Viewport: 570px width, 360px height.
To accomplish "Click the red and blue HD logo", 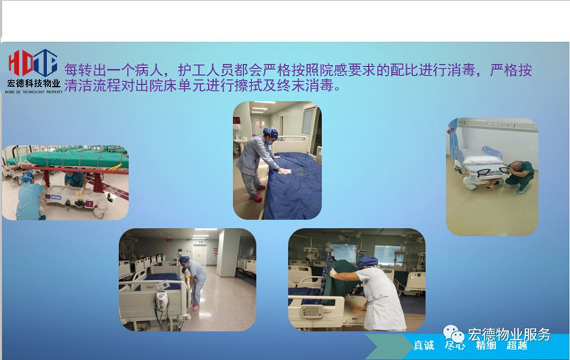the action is (x=33, y=63).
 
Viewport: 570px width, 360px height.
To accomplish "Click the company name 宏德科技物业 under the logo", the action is (x=33, y=83).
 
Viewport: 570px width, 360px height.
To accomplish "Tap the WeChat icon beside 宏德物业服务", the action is (x=453, y=334).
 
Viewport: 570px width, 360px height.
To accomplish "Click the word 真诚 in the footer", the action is (x=423, y=345).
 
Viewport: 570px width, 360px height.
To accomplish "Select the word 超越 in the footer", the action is (x=517, y=345).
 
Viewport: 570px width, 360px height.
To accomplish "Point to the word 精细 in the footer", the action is (x=486, y=345).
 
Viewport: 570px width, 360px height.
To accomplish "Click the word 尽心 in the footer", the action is (x=455, y=345).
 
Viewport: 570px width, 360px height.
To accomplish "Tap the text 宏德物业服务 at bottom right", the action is (x=509, y=334).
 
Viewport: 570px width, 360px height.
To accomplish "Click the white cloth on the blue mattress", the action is (x=285, y=170).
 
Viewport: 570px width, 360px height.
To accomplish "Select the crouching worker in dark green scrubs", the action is (x=520, y=177).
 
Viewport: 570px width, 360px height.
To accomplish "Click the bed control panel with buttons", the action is (x=312, y=311).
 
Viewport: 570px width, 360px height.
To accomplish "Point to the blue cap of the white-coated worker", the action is (x=368, y=262).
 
